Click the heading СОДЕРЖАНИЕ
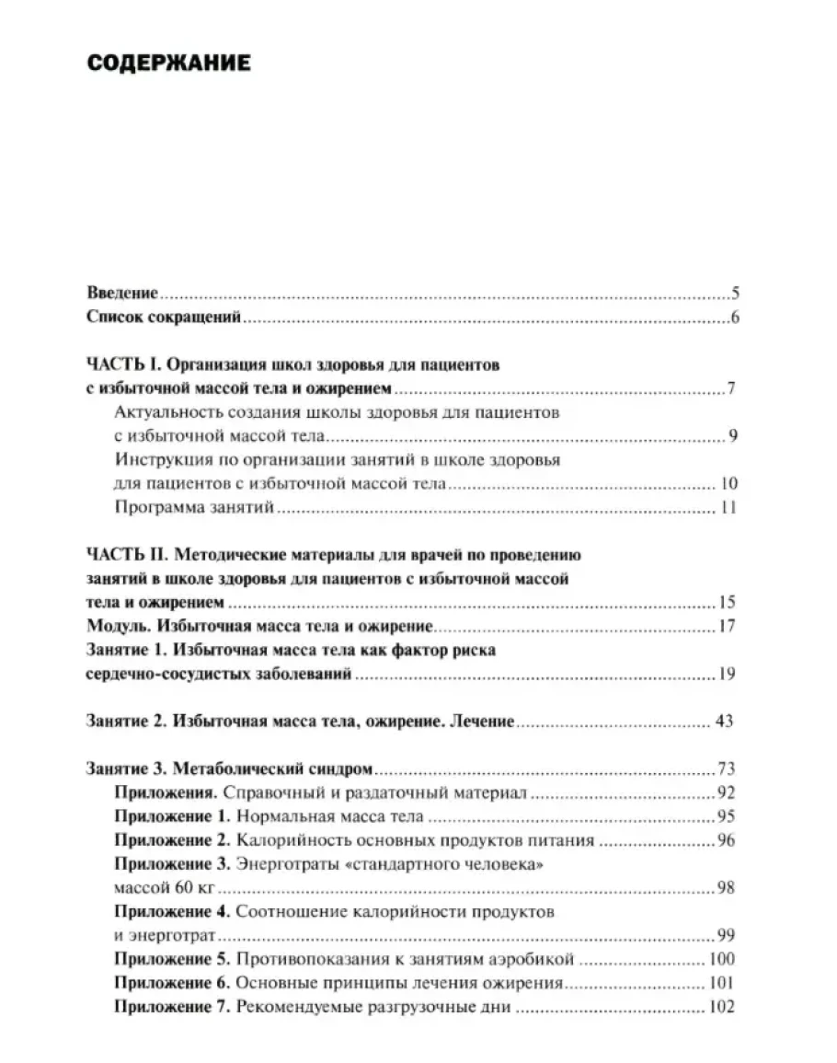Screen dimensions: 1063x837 coord(169,64)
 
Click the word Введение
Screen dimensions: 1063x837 coord(122,294)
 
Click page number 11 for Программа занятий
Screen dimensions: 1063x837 coord(730,507)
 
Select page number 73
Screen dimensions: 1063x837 coord(725,768)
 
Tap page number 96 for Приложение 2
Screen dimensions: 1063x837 coord(725,840)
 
